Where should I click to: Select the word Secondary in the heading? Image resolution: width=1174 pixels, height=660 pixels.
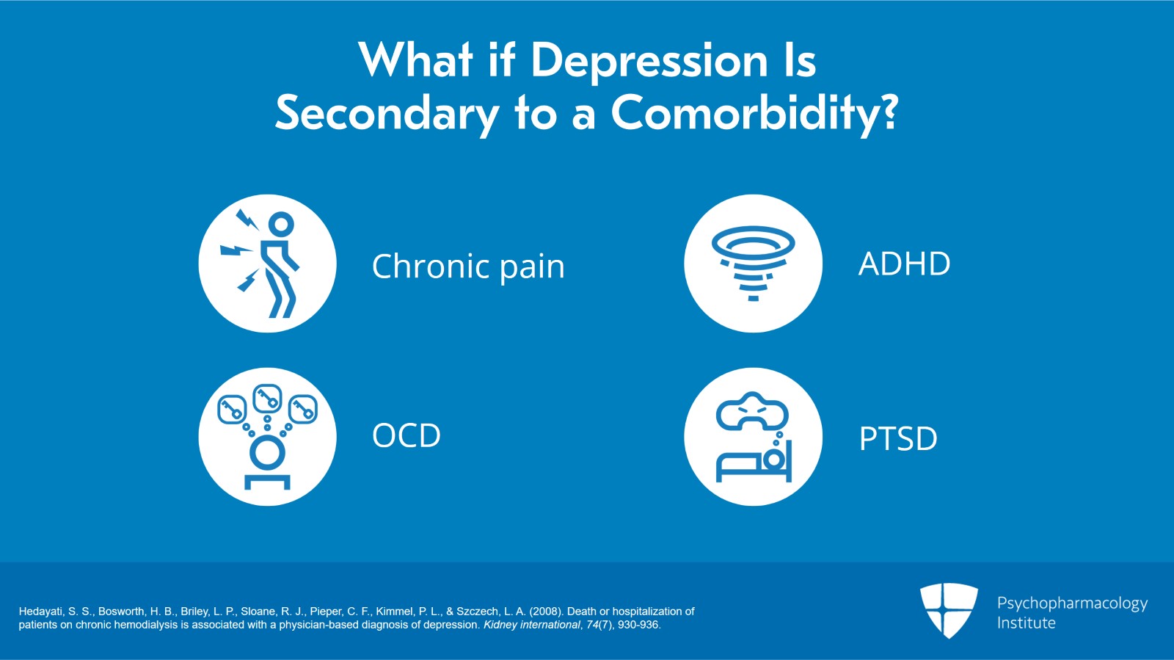coord(387,115)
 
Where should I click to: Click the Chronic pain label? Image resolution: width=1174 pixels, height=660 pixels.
coord(468,267)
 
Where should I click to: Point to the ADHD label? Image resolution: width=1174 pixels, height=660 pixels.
coord(904,264)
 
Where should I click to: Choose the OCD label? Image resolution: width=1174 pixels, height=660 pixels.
coord(406,435)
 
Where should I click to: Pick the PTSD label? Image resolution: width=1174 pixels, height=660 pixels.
coord(898,439)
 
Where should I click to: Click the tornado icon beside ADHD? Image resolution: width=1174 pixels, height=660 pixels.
coord(753,263)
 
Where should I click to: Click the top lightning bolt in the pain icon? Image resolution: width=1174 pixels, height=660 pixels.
coord(247,219)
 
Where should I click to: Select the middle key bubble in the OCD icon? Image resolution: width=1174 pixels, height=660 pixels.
coord(267,399)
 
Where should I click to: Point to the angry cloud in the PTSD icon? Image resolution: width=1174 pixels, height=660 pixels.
coord(752,412)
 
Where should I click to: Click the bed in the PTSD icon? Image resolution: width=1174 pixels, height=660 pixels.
coord(754,463)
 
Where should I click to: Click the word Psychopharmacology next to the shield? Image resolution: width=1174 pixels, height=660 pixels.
coord(1072,604)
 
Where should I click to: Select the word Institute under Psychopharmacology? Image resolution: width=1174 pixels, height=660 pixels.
coord(1027,623)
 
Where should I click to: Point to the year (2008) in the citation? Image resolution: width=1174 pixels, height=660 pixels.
coord(547,612)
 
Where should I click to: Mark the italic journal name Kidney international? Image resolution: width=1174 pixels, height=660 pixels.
coord(531,625)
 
